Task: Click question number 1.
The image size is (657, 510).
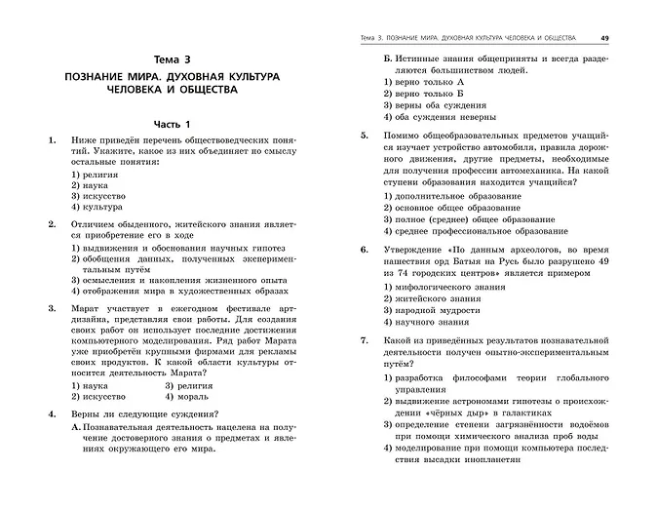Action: click(51, 141)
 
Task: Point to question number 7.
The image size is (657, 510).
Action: click(363, 339)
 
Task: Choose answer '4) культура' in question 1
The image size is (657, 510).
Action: click(96, 206)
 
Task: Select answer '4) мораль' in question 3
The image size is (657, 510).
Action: click(185, 397)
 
